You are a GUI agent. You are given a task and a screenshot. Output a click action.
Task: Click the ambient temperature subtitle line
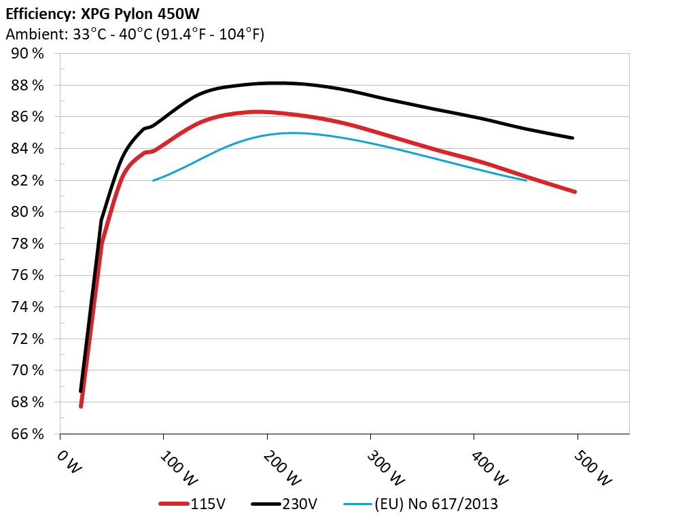(135, 34)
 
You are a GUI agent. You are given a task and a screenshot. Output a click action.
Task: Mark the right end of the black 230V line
(573, 138)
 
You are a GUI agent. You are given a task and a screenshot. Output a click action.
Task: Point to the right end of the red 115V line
(575, 192)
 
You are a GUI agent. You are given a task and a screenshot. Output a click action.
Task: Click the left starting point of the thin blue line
(154, 180)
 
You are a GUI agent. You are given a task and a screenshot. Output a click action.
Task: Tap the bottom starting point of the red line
(81, 406)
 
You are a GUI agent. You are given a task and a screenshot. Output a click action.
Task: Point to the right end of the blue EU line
(526, 180)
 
